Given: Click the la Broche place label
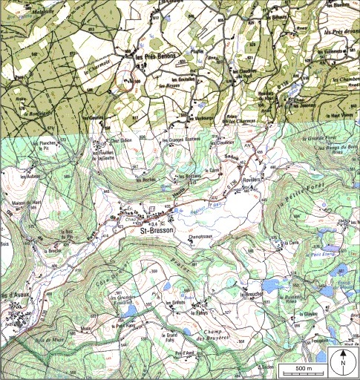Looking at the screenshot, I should (53, 250).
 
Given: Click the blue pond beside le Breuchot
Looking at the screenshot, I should (272, 285).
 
